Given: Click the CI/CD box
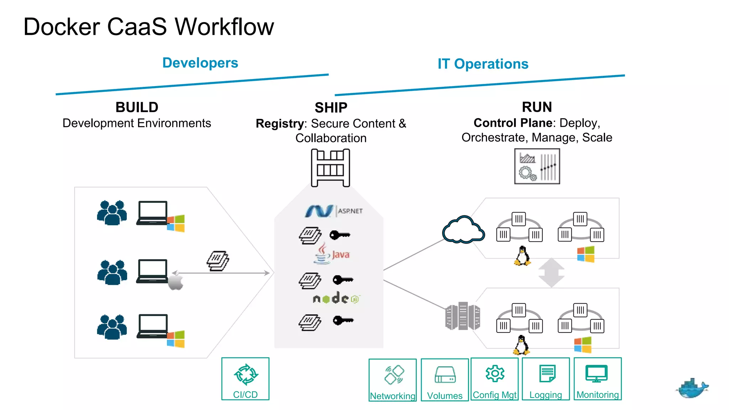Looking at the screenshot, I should tap(245, 379).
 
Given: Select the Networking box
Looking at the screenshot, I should tap(393, 380).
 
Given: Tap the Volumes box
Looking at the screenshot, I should tap(445, 380).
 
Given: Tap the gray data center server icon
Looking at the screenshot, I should tap(462, 316).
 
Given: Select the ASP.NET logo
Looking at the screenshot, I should tap(333, 211).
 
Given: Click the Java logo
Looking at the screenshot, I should tap(332, 254).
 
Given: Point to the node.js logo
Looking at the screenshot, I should tap(336, 298).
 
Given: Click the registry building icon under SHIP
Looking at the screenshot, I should tap(330, 168).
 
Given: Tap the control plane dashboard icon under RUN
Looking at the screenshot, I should tap(537, 166).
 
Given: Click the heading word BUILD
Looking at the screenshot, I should tap(137, 107).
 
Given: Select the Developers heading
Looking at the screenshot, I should tap(200, 63).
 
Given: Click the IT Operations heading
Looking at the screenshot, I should tap(483, 64).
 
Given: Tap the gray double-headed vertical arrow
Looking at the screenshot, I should tap(551, 273).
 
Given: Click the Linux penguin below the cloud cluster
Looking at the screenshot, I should tap(522, 256).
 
